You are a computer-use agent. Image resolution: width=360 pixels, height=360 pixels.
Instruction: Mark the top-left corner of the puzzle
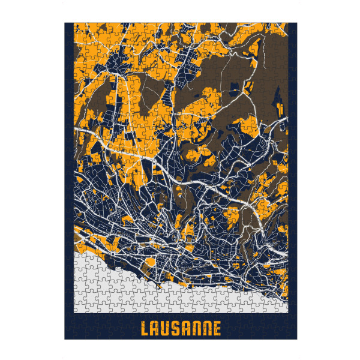65,23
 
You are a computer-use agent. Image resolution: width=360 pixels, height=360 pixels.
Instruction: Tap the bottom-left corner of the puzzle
65,340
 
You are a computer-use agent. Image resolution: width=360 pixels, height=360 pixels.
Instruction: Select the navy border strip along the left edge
69,180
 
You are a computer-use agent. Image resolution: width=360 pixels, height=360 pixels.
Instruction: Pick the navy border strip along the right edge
293,180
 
